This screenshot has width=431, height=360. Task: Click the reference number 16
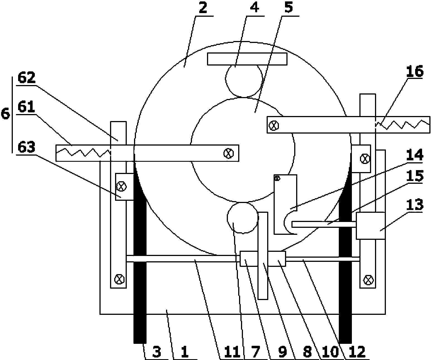[415, 71]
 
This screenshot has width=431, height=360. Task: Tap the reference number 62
[26, 78]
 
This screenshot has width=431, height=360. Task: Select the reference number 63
[26, 147]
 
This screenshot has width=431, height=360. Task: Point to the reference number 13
[415, 205]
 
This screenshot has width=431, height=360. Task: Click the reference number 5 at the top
[289, 7]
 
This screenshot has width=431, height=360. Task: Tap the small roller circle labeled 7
[243, 218]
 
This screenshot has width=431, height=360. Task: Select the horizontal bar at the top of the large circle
[247, 59]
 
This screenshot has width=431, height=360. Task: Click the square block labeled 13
[371, 226]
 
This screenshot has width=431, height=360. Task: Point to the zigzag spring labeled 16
[403, 124]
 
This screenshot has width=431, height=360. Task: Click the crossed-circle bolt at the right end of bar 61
[229, 153]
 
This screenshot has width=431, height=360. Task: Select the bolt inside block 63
[121, 187]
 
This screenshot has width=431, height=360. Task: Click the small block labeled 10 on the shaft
[277, 258]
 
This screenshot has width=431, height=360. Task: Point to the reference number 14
[415, 155]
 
